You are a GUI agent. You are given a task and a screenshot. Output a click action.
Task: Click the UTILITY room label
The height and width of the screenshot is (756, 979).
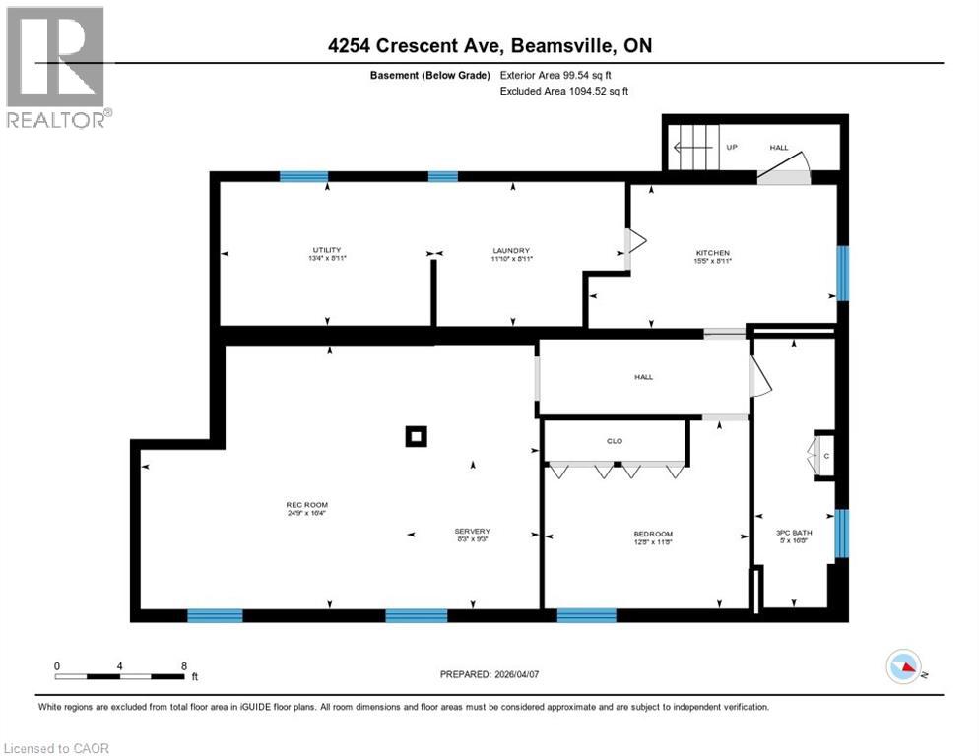pos(327,250)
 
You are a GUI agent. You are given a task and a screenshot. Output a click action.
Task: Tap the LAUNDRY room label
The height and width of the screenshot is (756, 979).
pos(512,250)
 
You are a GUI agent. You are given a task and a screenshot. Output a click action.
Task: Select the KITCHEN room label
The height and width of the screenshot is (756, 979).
pos(713,253)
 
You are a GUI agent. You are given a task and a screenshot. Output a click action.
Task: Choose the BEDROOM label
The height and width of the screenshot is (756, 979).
pos(653,535)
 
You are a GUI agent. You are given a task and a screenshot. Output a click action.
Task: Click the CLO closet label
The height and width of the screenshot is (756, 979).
pos(615,441)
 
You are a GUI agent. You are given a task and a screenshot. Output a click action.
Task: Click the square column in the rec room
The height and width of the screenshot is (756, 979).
pos(417,436)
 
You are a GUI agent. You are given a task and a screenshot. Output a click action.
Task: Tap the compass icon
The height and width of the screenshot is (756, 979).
pos(903,667)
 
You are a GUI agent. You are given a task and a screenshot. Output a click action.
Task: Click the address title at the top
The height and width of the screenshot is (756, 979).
pos(489,46)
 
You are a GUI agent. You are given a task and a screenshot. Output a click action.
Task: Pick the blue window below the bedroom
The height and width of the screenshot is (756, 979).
pos(586,616)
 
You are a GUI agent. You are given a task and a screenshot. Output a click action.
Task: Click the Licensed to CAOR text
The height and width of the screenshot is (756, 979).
pos(56,748)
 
